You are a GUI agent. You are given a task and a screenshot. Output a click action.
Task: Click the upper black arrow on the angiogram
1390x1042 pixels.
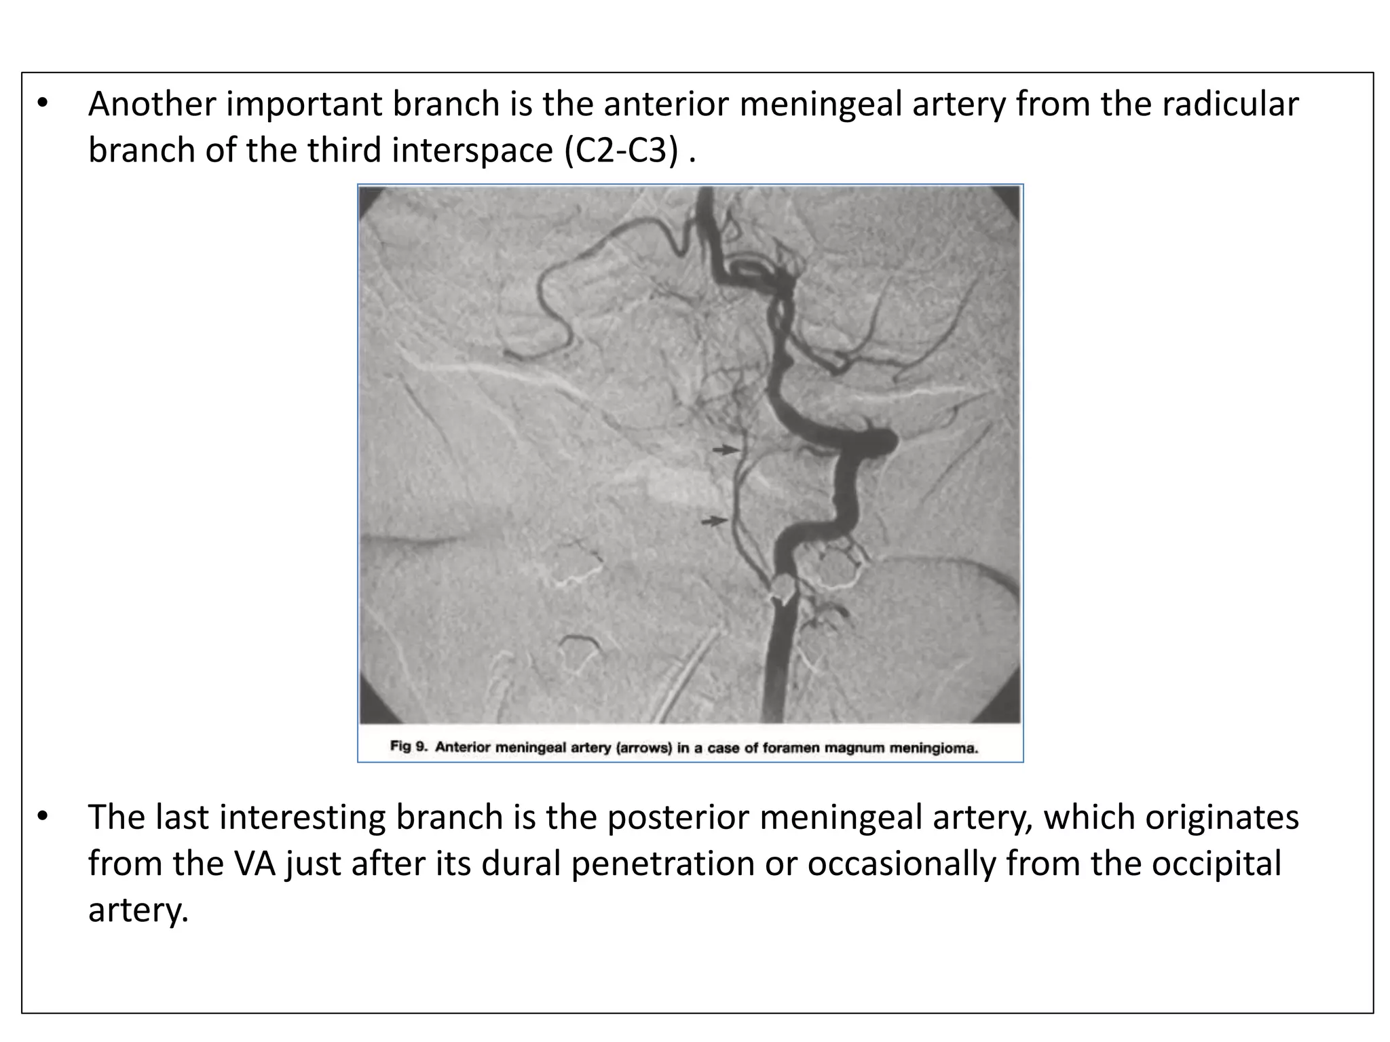tap(726, 449)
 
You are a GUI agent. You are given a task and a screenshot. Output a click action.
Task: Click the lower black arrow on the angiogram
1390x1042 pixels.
tap(715, 521)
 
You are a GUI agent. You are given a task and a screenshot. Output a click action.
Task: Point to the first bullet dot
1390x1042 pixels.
tap(43, 104)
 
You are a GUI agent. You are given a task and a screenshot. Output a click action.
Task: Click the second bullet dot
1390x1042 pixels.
tap(43, 817)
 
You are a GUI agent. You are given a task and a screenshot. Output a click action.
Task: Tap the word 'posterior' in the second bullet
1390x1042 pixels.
tap(677, 817)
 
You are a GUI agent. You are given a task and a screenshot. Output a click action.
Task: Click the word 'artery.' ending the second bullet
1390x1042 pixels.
tap(138, 909)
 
